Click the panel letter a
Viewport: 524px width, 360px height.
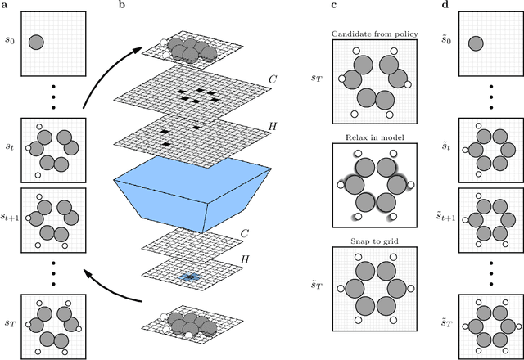point(6,5)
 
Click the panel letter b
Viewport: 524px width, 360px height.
point(122,5)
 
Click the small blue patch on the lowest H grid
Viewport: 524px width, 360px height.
point(189,277)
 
